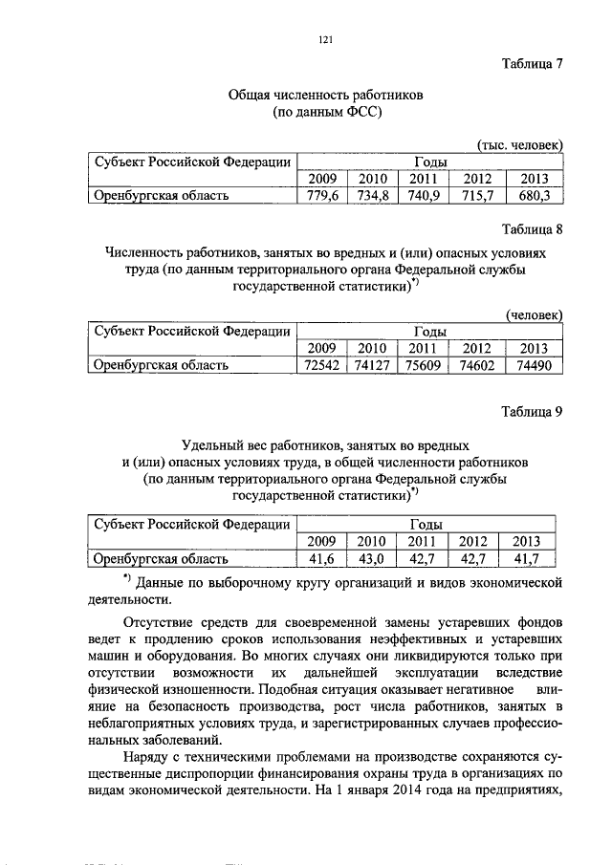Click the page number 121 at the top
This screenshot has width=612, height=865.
point(324,39)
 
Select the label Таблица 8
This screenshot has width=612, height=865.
point(533,229)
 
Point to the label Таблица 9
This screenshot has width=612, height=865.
point(533,411)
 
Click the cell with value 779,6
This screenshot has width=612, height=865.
point(320,196)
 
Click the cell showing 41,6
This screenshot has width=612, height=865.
point(320,559)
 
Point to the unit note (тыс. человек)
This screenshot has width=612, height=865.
point(520,143)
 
